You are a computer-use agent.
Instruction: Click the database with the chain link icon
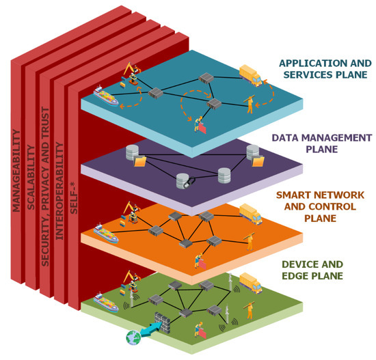point(183,181)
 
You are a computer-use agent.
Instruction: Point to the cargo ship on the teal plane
point(106,95)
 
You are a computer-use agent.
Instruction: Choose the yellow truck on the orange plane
point(251,216)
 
